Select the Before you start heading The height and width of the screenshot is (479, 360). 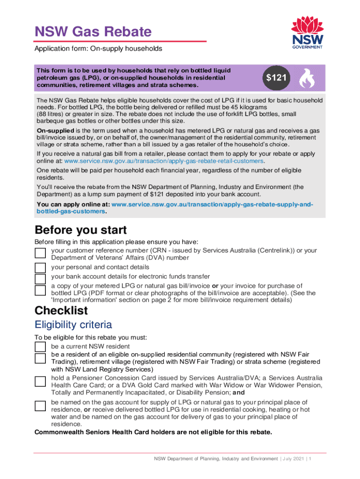80,230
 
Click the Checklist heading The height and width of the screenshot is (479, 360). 61,311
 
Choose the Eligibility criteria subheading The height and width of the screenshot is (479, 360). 73,325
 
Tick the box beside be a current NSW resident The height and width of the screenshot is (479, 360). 41,346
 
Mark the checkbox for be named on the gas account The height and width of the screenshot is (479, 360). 41,406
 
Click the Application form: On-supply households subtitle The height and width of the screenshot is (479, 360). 99,49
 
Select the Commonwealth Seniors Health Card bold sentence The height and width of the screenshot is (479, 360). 153,432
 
